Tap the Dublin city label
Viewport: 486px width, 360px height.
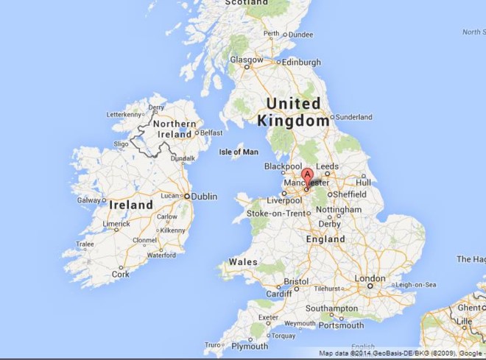(x=204, y=197)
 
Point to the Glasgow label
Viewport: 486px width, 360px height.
(x=247, y=60)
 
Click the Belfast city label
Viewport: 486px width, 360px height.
(x=211, y=133)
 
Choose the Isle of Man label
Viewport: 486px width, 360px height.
(x=239, y=152)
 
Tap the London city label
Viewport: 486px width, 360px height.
(x=370, y=278)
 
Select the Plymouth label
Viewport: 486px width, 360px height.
(x=250, y=346)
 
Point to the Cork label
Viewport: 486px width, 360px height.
(x=119, y=274)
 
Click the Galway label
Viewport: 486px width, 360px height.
(x=89, y=200)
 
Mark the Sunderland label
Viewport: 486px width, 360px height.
(x=354, y=117)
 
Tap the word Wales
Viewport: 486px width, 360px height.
(x=242, y=261)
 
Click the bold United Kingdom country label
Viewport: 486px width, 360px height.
(x=293, y=112)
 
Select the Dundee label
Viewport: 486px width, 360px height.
(x=300, y=34)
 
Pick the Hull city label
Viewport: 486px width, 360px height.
(x=363, y=182)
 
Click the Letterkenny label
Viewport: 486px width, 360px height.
(x=124, y=115)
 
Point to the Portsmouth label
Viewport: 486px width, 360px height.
(x=341, y=325)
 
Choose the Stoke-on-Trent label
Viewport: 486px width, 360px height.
(x=274, y=213)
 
